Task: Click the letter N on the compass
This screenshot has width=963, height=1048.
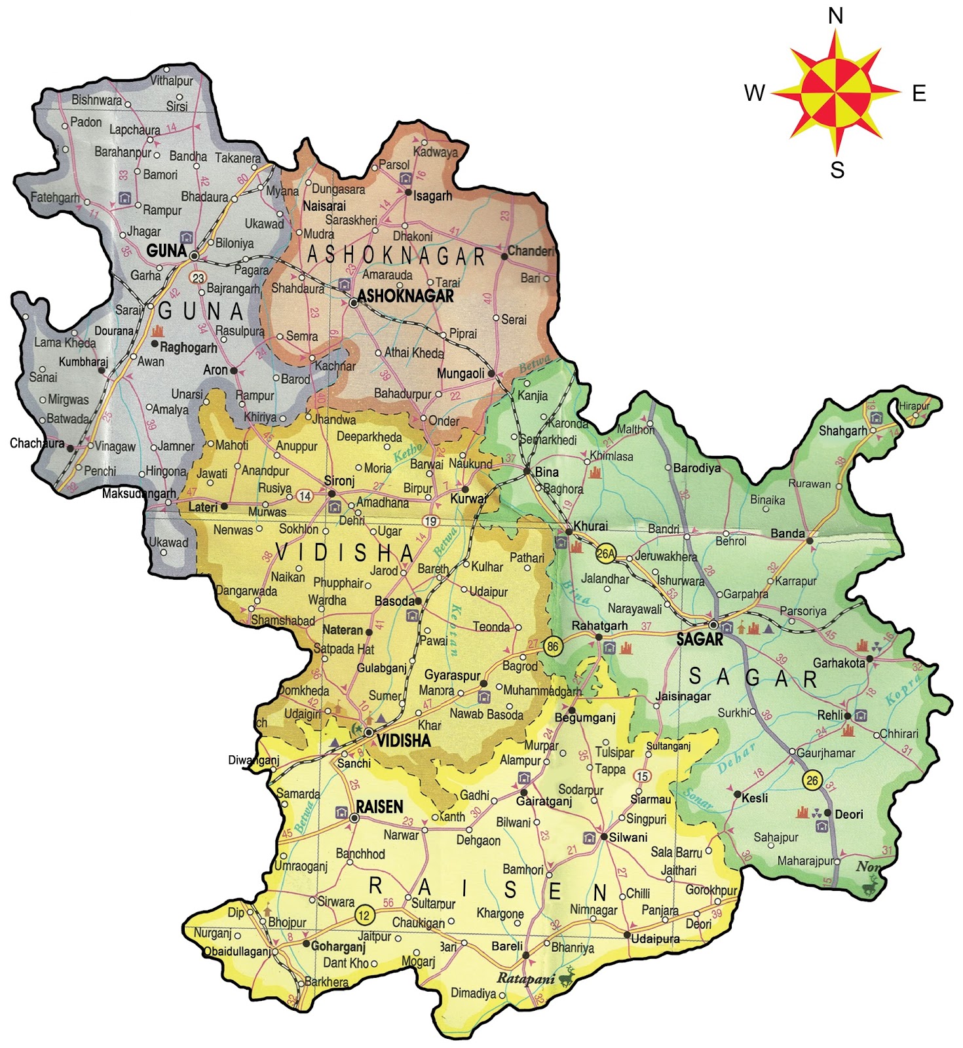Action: (x=835, y=16)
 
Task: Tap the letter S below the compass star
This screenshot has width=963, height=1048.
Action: (x=837, y=170)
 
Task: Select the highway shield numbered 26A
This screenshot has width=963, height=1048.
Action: (x=606, y=554)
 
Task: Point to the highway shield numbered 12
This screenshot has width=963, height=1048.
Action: (x=364, y=915)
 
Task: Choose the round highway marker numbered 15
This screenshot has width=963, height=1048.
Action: (x=643, y=776)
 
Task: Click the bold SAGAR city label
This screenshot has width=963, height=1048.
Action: (x=700, y=640)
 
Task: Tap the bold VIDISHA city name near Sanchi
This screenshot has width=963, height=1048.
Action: (x=404, y=741)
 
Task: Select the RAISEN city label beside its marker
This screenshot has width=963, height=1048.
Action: (x=379, y=807)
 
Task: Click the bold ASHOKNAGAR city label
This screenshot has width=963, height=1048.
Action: (x=406, y=296)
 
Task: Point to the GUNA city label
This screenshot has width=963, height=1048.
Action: (x=166, y=250)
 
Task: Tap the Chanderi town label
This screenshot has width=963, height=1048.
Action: (x=531, y=252)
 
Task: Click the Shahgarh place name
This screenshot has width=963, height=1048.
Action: (x=842, y=431)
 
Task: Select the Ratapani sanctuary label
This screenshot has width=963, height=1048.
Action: (x=525, y=979)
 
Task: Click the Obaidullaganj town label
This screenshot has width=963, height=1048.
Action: (x=237, y=951)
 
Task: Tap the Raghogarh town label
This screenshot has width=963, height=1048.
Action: (x=188, y=348)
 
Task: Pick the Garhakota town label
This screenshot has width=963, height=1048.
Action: (x=839, y=663)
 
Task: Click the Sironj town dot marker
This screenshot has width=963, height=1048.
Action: (x=331, y=494)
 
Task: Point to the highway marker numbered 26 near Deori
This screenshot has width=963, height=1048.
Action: (x=812, y=780)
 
